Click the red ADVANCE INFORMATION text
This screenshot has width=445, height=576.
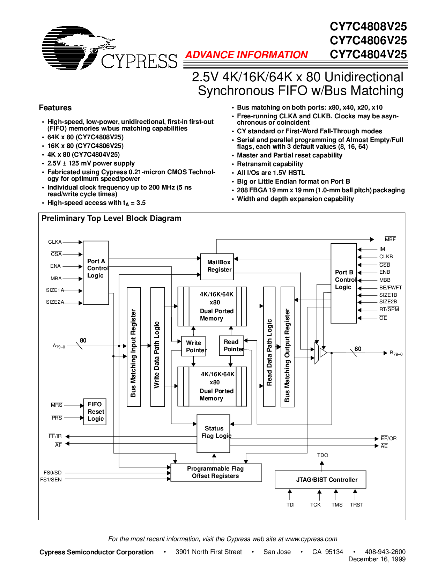tap(246, 55)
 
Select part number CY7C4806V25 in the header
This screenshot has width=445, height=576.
tap(368, 40)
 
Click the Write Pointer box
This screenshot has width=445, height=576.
tap(194, 346)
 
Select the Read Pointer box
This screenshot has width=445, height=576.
tap(231, 345)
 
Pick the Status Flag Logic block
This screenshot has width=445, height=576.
tap(214, 433)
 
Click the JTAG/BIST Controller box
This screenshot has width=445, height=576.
tap(320, 480)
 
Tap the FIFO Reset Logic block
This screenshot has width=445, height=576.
tap(95, 412)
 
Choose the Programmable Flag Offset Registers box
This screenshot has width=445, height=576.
tap(216, 472)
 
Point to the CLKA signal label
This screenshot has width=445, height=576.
tap(55, 242)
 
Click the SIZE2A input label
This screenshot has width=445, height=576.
tap(55, 302)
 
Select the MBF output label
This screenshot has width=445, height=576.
tap(390, 239)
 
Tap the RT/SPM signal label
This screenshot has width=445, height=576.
tap(389, 309)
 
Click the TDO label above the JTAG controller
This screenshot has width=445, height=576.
tap(322, 455)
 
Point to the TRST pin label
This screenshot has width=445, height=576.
tap(356, 505)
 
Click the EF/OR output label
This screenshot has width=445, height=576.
tap(388, 438)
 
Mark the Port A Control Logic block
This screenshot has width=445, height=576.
tap(96, 272)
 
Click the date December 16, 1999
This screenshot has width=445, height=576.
tap(377, 559)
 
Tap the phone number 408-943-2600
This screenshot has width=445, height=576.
tap(385, 552)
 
